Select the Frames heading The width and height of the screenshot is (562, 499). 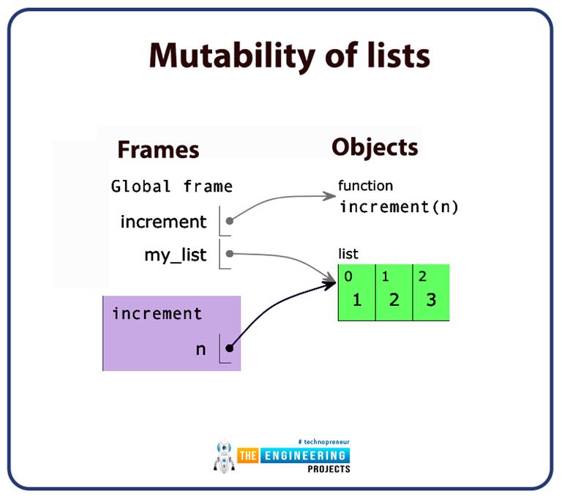(x=158, y=149)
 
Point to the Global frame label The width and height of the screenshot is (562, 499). (x=172, y=187)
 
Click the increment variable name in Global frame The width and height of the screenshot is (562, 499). (x=163, y=221)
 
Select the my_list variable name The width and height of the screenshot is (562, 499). (x=176, y=255)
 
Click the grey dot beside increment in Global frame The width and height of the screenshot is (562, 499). (x=230, y=220)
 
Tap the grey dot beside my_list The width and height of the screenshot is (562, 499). (x=230, y=254)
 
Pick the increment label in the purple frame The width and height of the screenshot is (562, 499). (x=157, y=314)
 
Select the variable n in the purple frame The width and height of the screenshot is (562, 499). (x=201, y=349)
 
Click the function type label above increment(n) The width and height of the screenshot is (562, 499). (x=365, y=186)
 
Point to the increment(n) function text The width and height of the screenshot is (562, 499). (x=398, y=206)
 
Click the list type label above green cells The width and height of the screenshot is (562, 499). (x=348, y=254)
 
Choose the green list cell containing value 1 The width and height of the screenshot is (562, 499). (x=356, y=293)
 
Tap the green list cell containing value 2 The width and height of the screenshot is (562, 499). (x=394, y=293)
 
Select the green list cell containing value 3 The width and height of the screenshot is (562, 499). (x=431, y=293)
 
